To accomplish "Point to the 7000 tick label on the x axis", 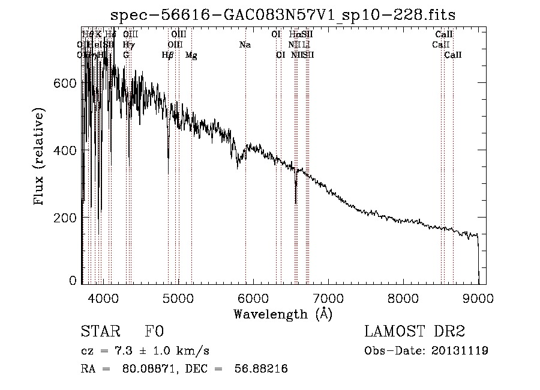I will pos(328,297).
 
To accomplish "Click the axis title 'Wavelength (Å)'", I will pos(283,314).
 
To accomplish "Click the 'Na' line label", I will pos(245,45).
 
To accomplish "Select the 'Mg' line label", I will pos(191,55).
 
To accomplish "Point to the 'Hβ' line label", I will pos(168,55).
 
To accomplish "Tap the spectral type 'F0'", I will pos(154,332).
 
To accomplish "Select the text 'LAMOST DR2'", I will pos(415,332).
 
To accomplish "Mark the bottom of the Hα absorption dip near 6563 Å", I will pos(296,202).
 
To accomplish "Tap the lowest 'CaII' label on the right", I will pos(453,55).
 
